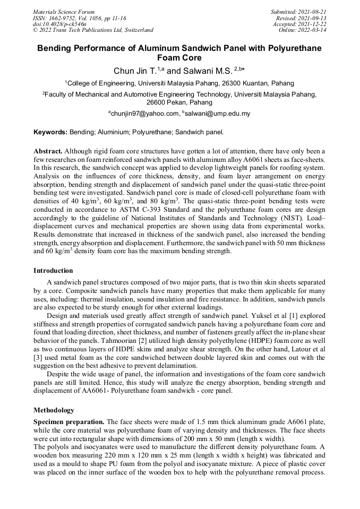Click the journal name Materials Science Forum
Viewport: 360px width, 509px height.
(64, 12)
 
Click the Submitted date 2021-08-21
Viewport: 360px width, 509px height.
(314, 12)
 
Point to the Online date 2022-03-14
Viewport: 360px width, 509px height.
(314, 30)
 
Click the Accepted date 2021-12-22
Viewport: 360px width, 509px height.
(314, 24)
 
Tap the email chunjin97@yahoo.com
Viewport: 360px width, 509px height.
(144, 114)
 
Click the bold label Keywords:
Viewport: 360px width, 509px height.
(50, 132)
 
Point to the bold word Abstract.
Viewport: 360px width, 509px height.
(49, 151)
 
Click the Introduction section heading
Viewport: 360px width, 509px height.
(53, 271)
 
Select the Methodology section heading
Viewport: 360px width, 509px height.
(54, 410)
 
